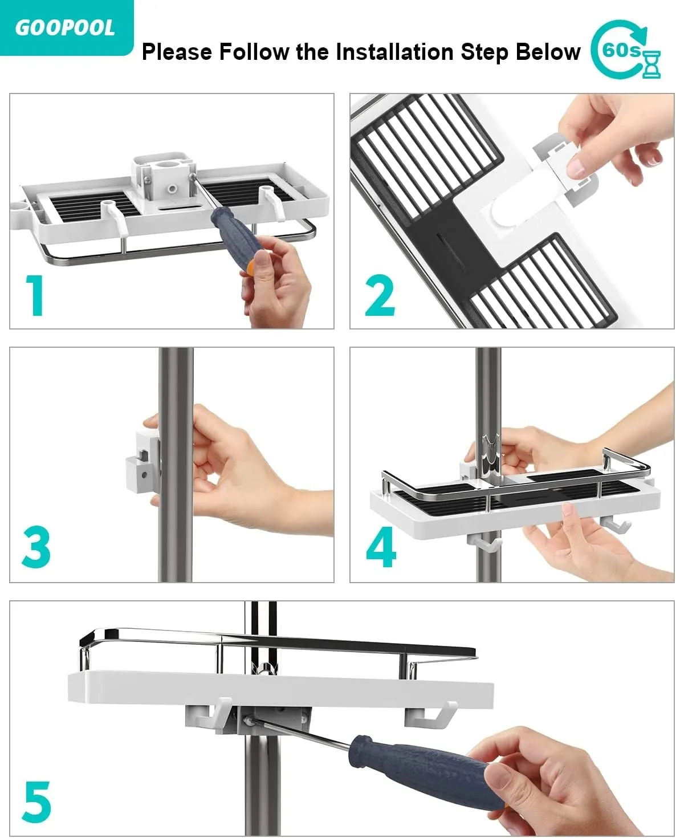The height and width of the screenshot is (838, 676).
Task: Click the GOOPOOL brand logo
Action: point(65,28)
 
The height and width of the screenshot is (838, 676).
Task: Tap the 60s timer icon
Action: point(625,50)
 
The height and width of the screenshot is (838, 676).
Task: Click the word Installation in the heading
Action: point(394,52)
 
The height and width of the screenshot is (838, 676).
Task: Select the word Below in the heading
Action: point(548,52)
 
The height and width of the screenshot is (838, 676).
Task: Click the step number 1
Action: point(35,295)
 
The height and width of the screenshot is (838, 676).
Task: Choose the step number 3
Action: point(36,547)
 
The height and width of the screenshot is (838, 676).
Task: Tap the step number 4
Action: point(381,547)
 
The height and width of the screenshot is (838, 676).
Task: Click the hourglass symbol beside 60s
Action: point(651,63)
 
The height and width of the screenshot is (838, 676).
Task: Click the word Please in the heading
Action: point(177,52)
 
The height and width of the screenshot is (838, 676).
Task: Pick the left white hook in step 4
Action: point(484,543)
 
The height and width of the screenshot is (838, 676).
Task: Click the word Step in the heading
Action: point(484,52)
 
